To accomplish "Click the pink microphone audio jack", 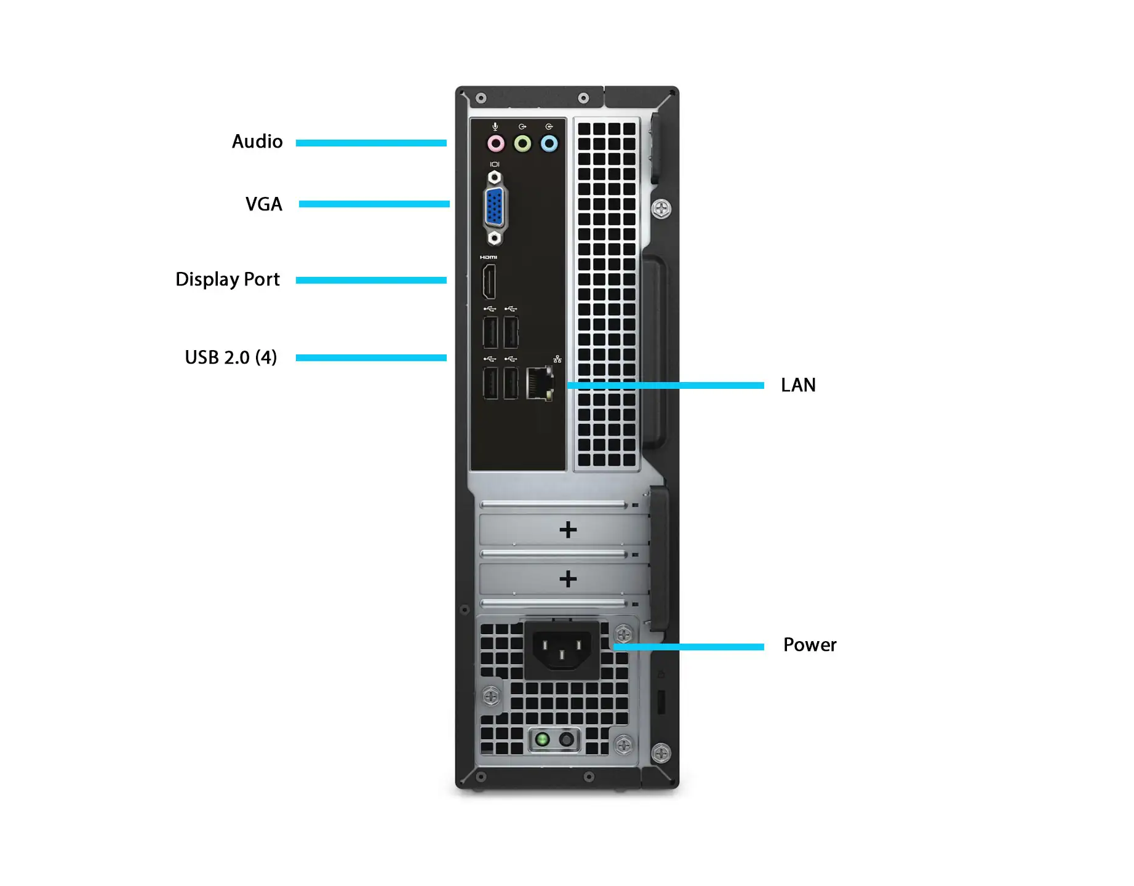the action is tap(496, 143).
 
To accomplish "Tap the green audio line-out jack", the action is tap(522, 143).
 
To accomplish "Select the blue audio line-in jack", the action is tap(549, 143).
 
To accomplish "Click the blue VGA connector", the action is tap(494, 207).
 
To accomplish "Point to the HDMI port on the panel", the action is tap(489, 282).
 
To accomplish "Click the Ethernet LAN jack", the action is tap(540, 383).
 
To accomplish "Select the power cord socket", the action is tap(562, 649).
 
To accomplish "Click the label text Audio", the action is tap(257, 142).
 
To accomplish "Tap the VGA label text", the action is tap(264, 204).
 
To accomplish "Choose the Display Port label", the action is tap(228, 279).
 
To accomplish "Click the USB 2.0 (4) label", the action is tap(231, 357).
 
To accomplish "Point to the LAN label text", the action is tap(798, 385).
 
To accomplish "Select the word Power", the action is tap(810, 645).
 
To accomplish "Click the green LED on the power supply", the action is tap(542, 738).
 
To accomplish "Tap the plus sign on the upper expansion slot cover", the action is tap(568, 529).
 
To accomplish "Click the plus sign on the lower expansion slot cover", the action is tap(568, 578).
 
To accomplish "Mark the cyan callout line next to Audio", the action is tap(371, 143).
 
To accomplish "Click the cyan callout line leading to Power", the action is tap(689, 647).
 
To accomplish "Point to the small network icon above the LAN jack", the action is tap(557, 359).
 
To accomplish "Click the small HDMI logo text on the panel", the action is tap(489, 257).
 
